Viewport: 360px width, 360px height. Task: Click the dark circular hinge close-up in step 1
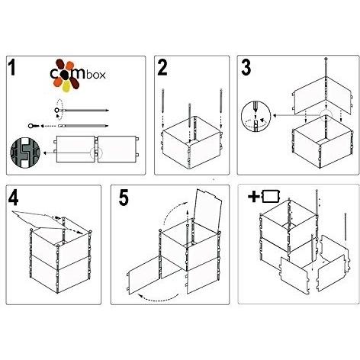22,153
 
